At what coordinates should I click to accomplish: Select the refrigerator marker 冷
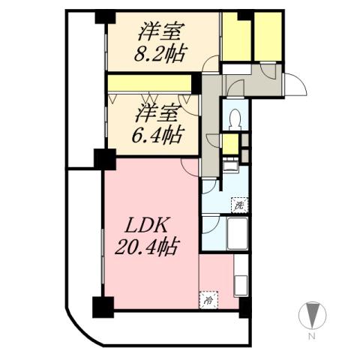point(206,299)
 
